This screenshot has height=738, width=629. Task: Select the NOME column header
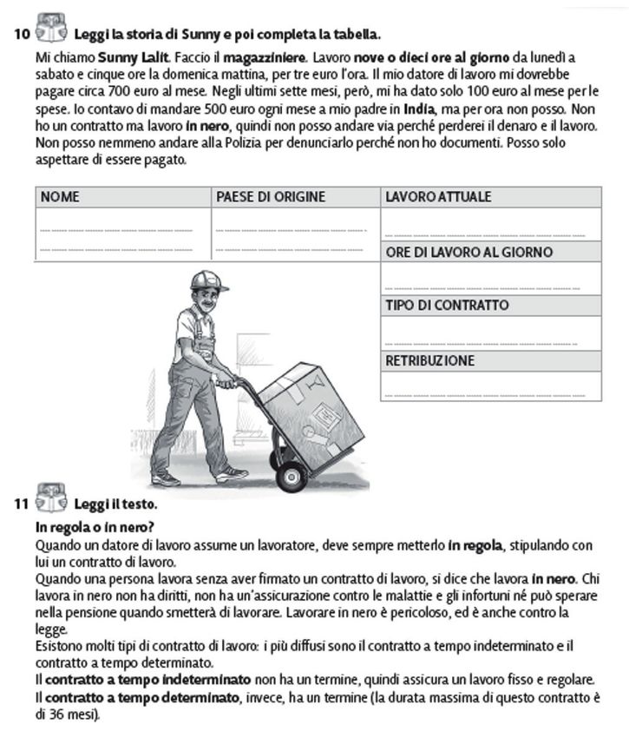coord(60,197)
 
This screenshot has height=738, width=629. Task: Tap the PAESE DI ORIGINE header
coord(270,197)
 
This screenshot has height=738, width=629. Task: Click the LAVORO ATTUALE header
coord(438,197)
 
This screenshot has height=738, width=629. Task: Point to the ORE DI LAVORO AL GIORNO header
coord(468,253)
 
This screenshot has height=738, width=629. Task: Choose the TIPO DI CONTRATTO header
coord(447,306)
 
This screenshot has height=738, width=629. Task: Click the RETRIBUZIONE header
coord(430,361)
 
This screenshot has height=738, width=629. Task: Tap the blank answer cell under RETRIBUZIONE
coord(491,386)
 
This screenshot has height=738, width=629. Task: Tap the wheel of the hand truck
coord(292,474)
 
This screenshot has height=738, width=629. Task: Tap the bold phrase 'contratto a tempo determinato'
coord(140,697)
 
